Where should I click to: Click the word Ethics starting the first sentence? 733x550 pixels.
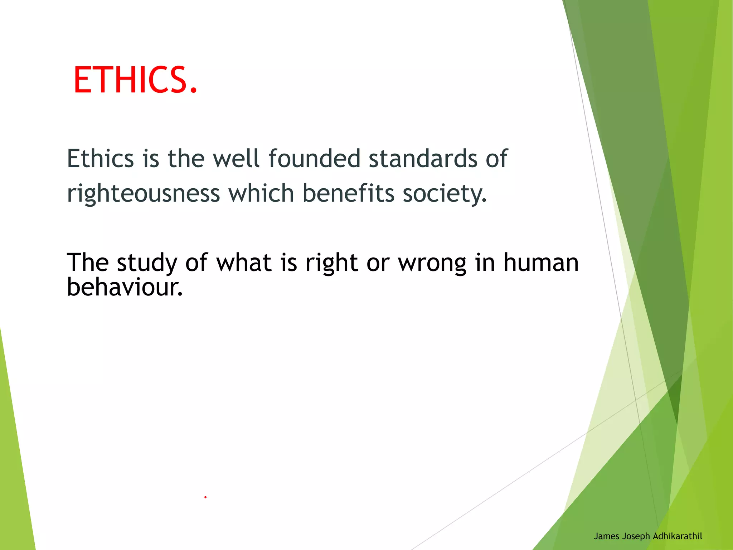point(100,159)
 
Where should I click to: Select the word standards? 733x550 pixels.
point(423,159)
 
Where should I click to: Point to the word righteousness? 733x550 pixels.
point(143,194)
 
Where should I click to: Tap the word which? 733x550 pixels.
point(261,193)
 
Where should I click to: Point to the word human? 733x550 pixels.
point(541,262)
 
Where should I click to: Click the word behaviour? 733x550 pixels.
point(125,287)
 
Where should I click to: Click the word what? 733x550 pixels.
point(244,262)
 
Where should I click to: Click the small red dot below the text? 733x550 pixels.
point(205,497)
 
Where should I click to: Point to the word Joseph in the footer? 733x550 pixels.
point(636,536)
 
